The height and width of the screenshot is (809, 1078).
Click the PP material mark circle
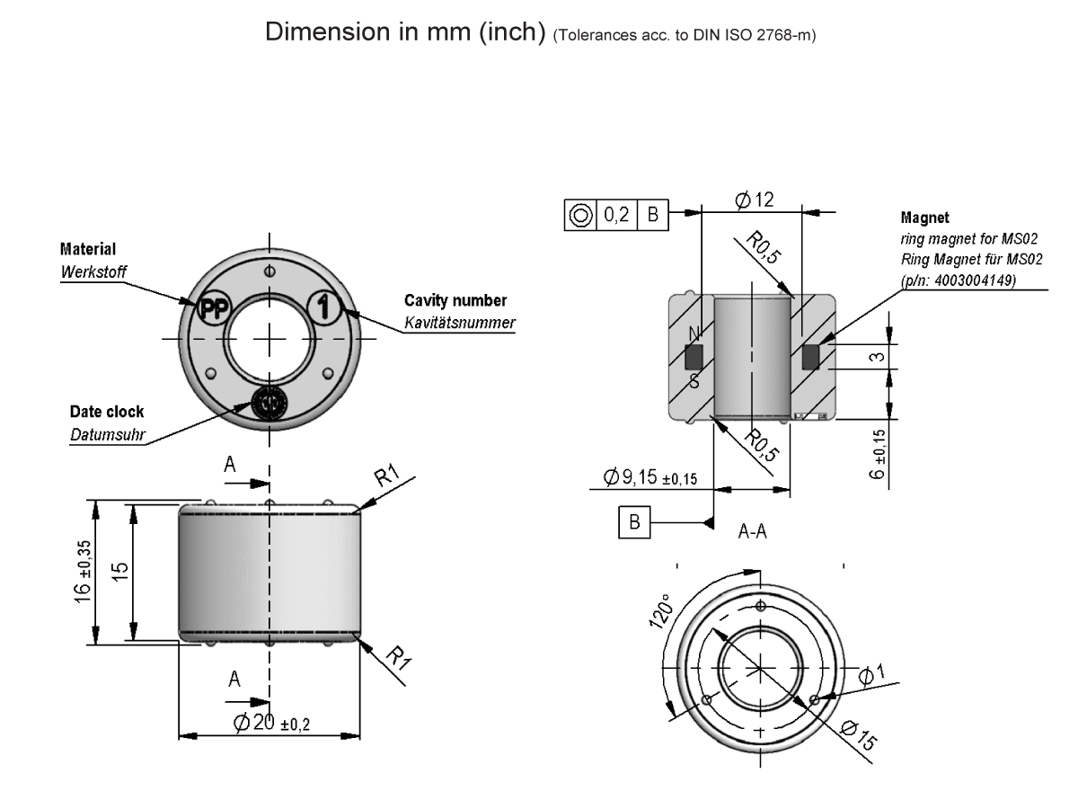[214, 307]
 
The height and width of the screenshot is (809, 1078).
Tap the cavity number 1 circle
[325, 307]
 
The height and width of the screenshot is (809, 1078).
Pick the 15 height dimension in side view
[121, 573]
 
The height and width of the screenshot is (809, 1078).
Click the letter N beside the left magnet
[692, 334]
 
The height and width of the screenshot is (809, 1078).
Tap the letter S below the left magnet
[694, 381]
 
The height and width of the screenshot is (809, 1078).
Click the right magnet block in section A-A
[810, 358]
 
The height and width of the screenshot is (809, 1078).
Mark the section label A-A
[751, 532]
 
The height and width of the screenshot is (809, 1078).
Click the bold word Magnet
[924, 218]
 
